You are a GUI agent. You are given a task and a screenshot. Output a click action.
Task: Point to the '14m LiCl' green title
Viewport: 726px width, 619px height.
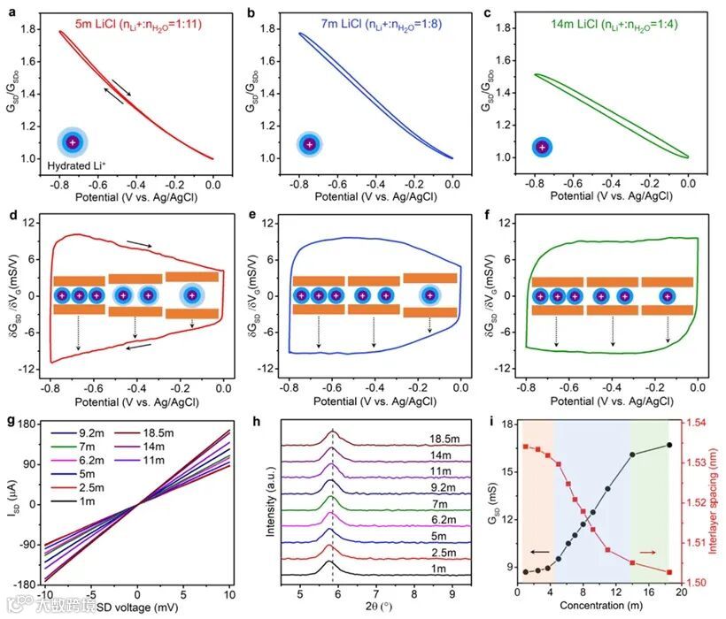(x=564, y=12)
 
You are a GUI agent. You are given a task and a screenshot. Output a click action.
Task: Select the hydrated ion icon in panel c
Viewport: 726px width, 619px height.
(x=542, y=147)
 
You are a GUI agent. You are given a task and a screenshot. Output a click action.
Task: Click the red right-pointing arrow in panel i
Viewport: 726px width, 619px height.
(x=648, y=552)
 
